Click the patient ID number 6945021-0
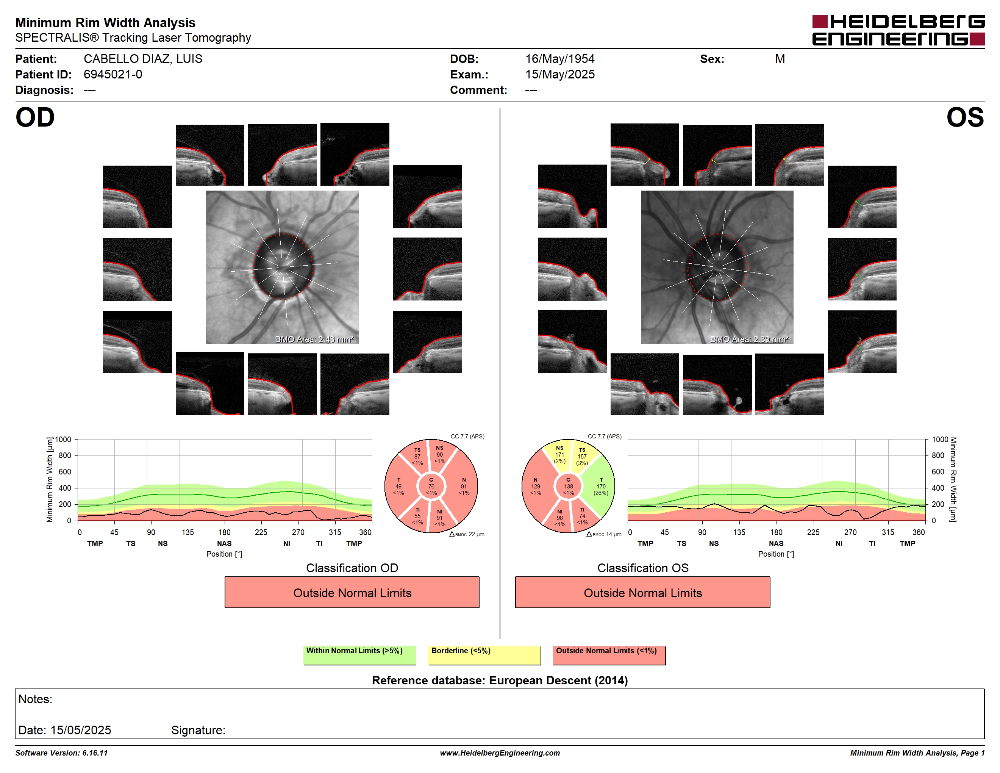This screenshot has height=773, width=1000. click(112, 75)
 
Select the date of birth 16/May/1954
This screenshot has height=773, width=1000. click(559, 59)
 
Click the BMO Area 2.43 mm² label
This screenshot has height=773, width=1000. click(314, 340)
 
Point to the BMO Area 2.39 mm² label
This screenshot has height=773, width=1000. click(749, 340)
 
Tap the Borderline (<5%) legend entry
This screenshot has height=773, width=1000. click(484, 655)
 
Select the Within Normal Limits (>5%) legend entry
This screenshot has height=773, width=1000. click(359, 655)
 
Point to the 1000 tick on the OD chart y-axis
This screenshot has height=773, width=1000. click(63, 440)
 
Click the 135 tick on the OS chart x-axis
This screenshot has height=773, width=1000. click(739, 532)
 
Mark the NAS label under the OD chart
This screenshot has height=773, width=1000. click(224, 544)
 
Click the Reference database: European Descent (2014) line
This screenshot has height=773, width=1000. click(500, 681)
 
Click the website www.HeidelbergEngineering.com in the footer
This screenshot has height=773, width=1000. click(500, 753)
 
